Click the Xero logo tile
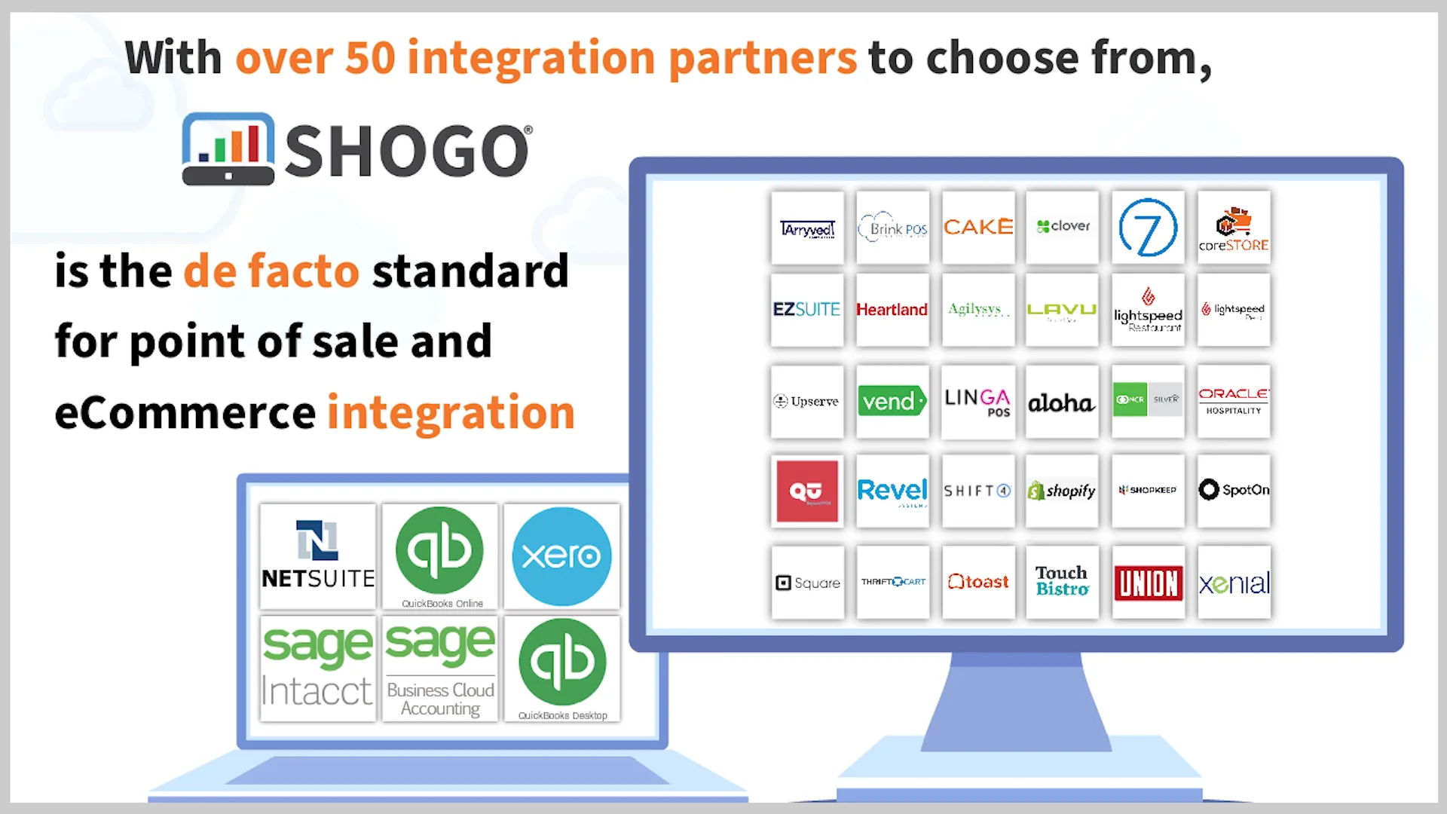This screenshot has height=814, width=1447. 561,556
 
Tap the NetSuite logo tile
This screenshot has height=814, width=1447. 317,556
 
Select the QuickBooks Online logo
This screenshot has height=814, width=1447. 439,556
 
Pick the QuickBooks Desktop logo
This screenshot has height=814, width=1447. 562,668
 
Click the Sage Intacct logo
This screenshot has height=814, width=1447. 317,668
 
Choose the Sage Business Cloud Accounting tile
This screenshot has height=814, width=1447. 439,668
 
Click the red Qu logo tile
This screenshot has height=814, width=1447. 807,491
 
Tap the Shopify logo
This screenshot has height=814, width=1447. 1062,491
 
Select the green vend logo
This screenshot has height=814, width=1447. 892,401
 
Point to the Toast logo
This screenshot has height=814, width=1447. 977,582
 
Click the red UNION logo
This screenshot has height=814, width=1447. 1148,583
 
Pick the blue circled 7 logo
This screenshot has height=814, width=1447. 1148,228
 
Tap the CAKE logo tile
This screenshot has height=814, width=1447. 977,227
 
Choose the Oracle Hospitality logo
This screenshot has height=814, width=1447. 1234,401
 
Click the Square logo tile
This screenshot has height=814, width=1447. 807,583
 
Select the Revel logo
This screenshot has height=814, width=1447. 892,491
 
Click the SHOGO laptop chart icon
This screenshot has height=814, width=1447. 228,148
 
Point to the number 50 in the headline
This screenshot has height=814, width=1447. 370,58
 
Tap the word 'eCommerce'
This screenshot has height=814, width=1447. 185,412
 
